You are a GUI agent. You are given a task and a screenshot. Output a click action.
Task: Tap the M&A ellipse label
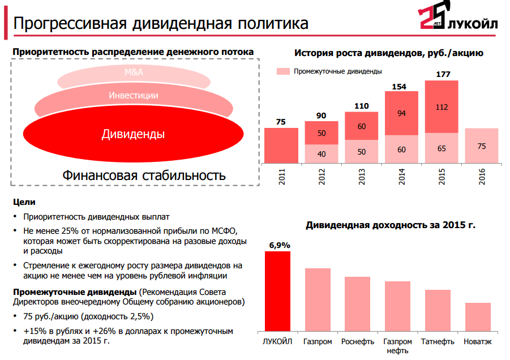[x=134, y=72]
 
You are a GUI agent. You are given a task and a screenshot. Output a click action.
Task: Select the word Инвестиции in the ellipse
[x=134, y=95]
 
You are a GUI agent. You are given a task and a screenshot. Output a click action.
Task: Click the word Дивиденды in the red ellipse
[x=134, y=134]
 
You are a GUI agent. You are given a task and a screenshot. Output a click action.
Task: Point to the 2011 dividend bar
[x=281, y=145]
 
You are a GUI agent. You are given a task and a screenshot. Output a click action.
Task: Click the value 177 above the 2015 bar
[x=443, y=75]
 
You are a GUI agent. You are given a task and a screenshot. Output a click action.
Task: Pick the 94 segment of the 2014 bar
[x=402, y=113]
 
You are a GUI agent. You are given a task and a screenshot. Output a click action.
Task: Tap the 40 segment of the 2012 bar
[x=322, y=154]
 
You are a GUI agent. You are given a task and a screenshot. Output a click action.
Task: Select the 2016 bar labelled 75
[x=482, y=145]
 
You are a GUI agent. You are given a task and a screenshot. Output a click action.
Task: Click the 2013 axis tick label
[x=362, y=177]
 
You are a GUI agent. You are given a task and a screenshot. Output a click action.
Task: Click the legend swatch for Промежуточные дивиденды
[x=283, y=71]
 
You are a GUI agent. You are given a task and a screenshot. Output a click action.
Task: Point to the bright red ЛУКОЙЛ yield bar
[x=277, y=292]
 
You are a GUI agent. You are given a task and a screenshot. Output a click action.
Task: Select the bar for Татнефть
[x=438, y=311]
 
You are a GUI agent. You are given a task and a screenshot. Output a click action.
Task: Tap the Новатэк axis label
[x=478, y=341]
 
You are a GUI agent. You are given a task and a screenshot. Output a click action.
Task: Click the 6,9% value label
[x=280, y=246]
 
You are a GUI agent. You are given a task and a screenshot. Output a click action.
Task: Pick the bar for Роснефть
[x=358, y=304]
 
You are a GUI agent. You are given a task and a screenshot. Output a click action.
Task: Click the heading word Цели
[x=24, y=202]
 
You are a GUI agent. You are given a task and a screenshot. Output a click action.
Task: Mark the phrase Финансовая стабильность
[x=144, y=175]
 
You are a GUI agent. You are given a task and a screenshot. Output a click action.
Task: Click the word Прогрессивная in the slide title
[x=70, y=23]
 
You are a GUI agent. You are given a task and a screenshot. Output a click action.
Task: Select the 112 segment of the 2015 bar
[x=442, y=106]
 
